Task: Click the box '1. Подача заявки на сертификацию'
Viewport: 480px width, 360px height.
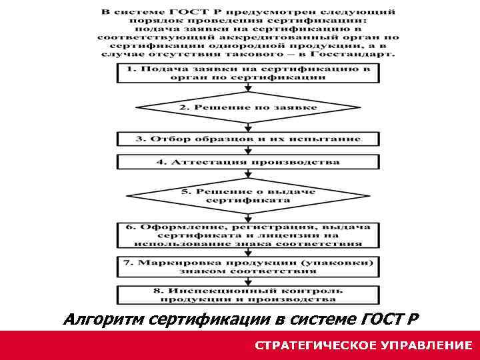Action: pos(248,73)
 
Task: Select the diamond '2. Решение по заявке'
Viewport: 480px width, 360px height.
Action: pos(248,107)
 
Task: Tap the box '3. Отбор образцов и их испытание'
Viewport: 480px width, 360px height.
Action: pos(248,139)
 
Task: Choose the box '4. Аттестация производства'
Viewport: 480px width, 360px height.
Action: pos(248,162)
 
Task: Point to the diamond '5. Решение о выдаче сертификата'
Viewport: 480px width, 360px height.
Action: pos(248,195)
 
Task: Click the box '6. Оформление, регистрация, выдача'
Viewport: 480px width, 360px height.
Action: pos(248,235)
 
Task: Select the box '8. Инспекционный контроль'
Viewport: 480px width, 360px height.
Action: pos(248,295)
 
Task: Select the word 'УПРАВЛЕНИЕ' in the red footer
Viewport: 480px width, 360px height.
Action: pos(427,345)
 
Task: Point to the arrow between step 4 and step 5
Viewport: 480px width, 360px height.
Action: pos(248,173)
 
